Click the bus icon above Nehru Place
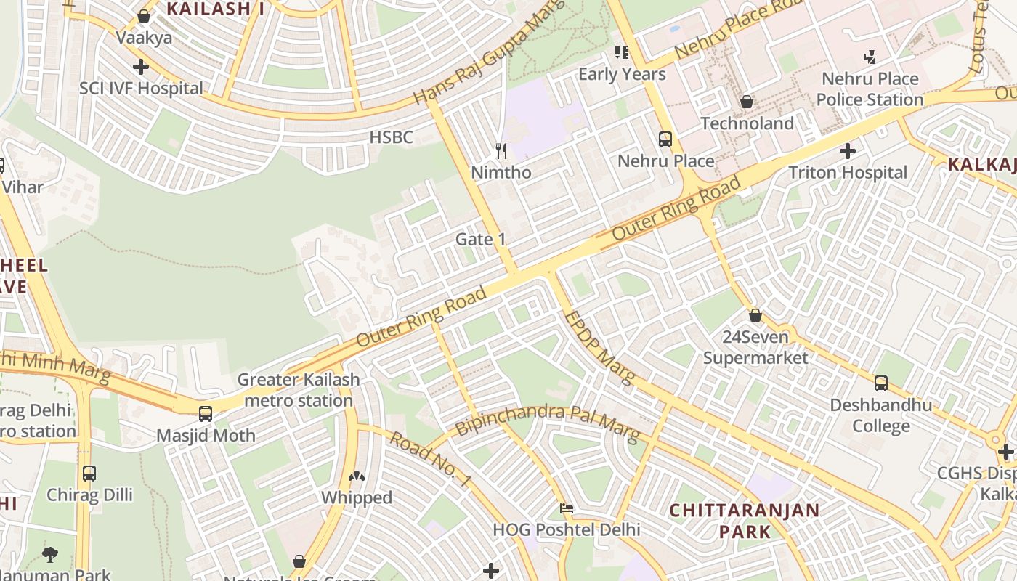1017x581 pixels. [x=665, y=139]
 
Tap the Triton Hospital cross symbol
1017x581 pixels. [x=847, y=152]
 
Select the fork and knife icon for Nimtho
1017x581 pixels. [x=501, y=151]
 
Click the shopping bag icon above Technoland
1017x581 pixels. [x=746, y=102]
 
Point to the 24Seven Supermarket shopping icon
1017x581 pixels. [x=755, y=315]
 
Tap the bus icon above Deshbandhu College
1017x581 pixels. [x=880, y=383]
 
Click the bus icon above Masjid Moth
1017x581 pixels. [x=206, y=414]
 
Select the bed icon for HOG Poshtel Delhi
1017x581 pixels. [x=567, y=508]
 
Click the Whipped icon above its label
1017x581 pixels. [x=356, y=476]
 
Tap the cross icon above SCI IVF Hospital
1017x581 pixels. [x=141, y=67]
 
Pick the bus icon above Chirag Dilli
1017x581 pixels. [x=89, y=474]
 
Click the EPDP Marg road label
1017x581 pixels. [x=599, y=347]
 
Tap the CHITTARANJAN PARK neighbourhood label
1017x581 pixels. [x=745, y=521]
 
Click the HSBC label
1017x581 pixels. [x=391, y=137]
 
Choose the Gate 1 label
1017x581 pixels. [x=480, y=240]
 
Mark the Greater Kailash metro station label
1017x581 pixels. [x=299, y=390]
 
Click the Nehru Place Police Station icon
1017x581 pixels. [x=869, y=57]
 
